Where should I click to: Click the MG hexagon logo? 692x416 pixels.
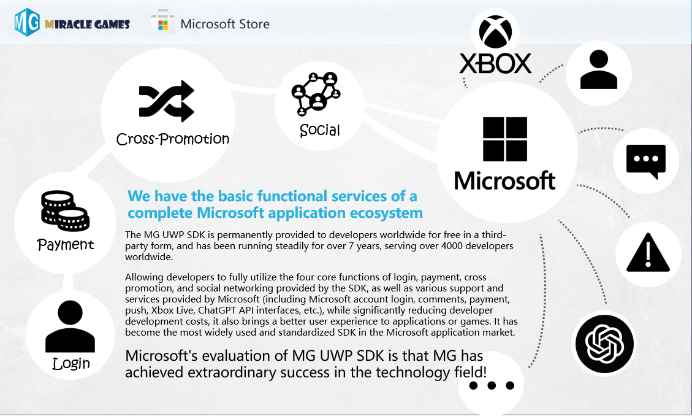(x=27, y=22)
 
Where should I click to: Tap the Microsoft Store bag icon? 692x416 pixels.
(x=162, y=21)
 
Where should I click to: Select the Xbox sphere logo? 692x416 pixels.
(x=496, y=32)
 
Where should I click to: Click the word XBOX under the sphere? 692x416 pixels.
(x=496, y=64)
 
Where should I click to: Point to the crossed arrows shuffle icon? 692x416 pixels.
(x=166, y=101)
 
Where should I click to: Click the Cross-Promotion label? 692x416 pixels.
(x=173, y=139)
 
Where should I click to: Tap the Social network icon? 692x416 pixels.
(x=316, y=94)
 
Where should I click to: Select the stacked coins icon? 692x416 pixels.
(x=66, y=210)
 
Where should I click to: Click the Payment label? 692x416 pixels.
(x=66, y=244)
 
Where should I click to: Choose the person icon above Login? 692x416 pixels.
(x=70, y=326)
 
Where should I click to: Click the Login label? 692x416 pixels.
(x=71, y=363)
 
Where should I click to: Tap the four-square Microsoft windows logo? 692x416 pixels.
(x=505, y=139)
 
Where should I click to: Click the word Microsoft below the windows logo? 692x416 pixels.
(x=504, y=180)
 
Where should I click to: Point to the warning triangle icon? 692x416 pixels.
(x=648, y=252)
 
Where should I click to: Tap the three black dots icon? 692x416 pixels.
(x=492, y=385)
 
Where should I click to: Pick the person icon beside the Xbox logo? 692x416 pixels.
(x=598, y=69)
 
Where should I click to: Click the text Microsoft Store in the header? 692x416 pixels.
(x=225, y=24)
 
